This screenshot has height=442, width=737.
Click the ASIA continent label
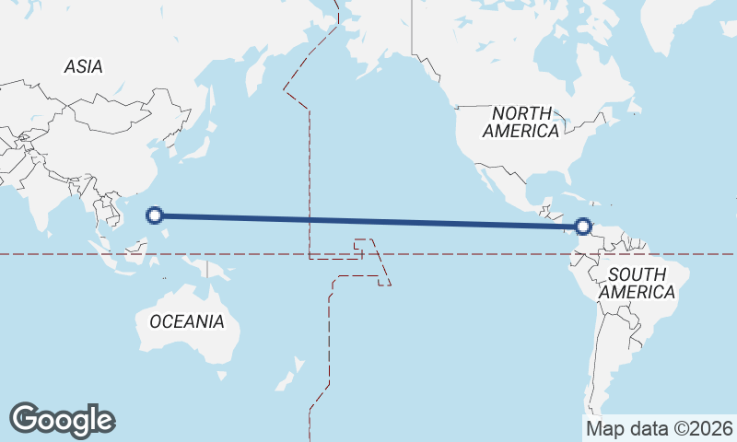[83, 66]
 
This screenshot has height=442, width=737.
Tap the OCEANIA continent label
[186, 321]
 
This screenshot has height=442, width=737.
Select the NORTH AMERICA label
[521, 122]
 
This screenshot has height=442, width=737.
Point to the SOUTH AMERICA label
[637, 283]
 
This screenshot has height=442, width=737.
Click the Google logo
[62, 419]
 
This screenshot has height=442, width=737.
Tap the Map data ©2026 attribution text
[660, 429]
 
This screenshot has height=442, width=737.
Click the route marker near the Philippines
[156, 215]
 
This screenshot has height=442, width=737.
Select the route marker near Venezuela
[582, 226]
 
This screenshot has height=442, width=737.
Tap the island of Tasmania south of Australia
[221, 375]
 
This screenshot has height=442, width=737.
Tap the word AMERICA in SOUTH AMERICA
[637, 292]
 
